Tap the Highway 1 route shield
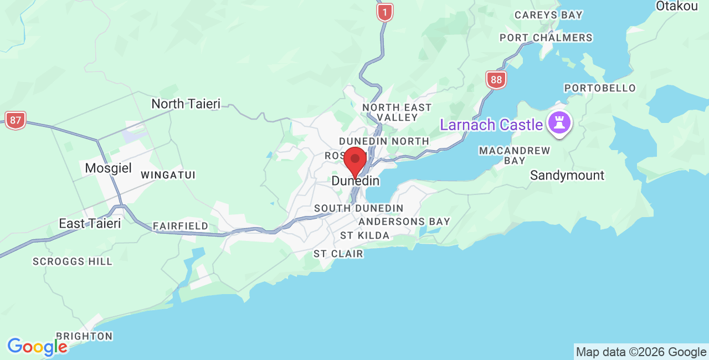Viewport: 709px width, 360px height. point(384,12)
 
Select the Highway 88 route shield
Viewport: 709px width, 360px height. point(496,80)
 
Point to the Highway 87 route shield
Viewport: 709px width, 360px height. point(16,120)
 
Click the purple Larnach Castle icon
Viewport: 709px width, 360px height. point(558,124)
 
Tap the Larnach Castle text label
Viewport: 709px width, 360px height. point(491,125)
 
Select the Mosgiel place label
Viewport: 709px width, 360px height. point(109,168)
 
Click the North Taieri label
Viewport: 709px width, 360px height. point(186,104)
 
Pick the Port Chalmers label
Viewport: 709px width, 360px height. point(546,38)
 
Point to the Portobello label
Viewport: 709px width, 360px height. point(600,88)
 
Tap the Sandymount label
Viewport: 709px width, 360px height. point(567,176)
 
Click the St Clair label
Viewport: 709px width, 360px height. point(338,254)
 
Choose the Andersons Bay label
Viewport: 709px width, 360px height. point(404,222)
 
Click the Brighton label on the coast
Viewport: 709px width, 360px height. point(84,336)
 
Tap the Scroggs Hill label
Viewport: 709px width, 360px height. point(73,261)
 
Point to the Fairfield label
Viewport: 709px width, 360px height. point(181,226)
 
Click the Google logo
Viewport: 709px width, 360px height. point(37,347)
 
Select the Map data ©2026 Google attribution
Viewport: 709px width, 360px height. point(641,352)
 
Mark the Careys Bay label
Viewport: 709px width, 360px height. point(548,15)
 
